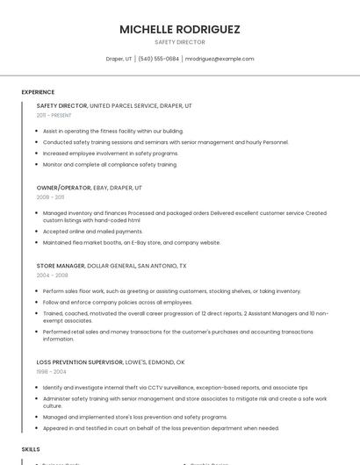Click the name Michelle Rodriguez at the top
pos(180,29)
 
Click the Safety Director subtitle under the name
pos(180,42)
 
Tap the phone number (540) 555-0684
pos(159,59)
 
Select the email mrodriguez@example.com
pos(220,59)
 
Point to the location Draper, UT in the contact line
pos(119,59)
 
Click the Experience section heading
pos(38,92)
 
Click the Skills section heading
pos(31,448)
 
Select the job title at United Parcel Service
pos(61,105)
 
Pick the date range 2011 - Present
pos(54,115)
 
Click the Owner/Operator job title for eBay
pos(63,188)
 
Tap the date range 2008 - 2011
pos(50,197)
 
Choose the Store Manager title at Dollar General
pos(61,265)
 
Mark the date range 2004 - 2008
pos(52,275)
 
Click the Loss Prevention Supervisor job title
pos(80,361)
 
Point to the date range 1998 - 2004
pos(51,371)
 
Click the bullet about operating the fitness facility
pos(113,131)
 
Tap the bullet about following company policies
pos(118,302)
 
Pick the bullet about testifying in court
pos(161,428)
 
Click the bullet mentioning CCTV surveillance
pos(175,387)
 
